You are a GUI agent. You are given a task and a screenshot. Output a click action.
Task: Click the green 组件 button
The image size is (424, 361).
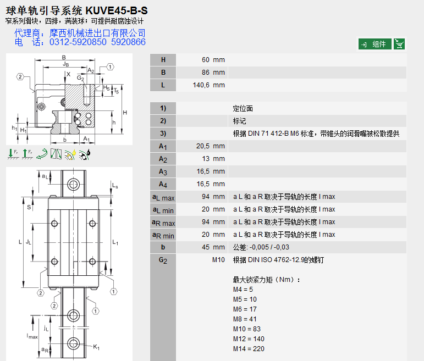point(375,44)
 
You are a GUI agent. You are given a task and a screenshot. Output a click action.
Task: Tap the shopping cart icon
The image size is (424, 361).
point(400,44)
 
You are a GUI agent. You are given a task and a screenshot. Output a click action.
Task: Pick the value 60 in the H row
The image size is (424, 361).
point(206,60)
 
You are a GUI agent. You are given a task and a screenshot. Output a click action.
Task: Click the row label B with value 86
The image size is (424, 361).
point(163,73)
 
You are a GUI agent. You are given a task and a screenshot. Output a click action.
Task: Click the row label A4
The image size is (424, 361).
point(163,184)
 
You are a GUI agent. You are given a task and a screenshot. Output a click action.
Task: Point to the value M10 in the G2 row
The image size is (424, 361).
point(218,260)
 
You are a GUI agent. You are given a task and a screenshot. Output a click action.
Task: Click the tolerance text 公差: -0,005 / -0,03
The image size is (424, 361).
point(261,247)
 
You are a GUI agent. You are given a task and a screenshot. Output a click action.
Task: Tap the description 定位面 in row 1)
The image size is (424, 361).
point(243,109)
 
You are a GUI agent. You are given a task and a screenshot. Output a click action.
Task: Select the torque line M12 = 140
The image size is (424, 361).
point(249,339)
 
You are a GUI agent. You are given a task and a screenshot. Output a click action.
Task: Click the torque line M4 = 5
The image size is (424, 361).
point(243,289)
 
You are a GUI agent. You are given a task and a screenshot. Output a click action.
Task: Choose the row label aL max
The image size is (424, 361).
point(163,197)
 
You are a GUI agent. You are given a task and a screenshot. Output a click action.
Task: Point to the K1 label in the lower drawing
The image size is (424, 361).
point(96,347)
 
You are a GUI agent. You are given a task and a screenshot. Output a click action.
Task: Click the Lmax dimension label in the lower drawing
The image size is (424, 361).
point(32,335)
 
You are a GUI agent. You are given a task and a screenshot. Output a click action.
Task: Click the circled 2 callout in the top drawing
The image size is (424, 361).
point(20,77)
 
